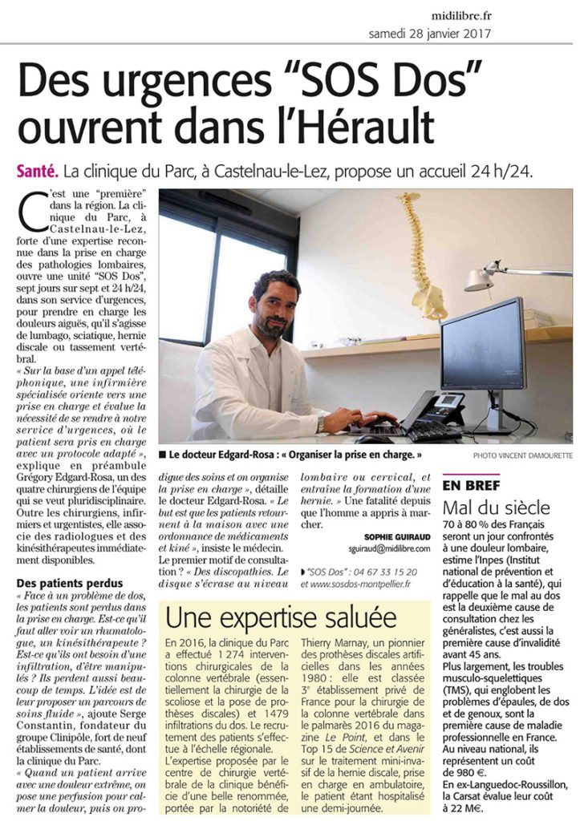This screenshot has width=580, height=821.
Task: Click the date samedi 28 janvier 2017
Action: pos(430,34)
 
